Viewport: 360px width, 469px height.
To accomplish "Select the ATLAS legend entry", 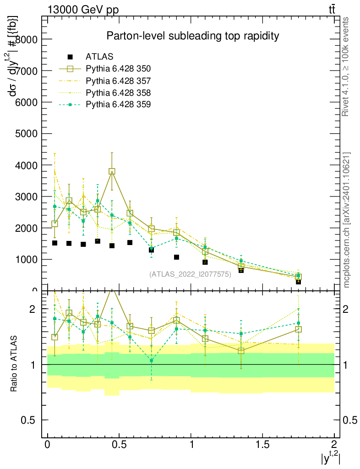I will click(x=99, y=57).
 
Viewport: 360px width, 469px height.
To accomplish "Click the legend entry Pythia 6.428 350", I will click(x=118, y=69).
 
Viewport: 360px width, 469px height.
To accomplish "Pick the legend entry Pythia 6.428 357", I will click(x=118, y=81).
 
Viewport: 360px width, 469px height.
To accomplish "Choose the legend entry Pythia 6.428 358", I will click(x=118, y=93).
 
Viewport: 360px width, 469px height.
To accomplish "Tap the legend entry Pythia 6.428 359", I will click(x=118, y=104).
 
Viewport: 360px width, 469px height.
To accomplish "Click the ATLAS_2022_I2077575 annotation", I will click(x=190, y=274).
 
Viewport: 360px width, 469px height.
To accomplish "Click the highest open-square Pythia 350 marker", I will click(x=112, y=171).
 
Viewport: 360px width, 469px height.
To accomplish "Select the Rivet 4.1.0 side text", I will click(x=346, y=67).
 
